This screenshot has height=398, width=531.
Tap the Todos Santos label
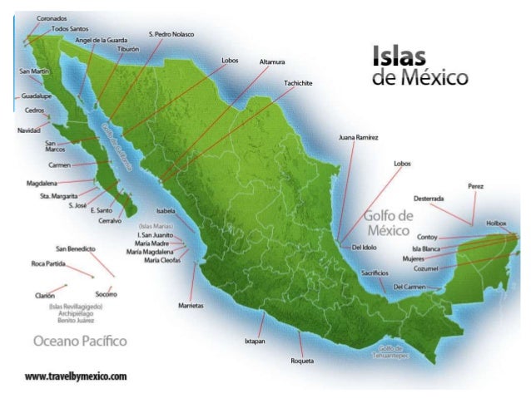pyautogui.click(x=70, y=28)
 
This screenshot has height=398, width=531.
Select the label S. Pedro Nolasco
pyautogui.click(x=171, y=34)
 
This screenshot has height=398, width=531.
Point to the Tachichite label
pyautogui.click(x=298, y=83)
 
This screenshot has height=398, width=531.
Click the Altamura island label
pyautogui.click(x=273, y=61)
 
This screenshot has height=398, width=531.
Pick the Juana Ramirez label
pyautogui.click(x=359, y=136)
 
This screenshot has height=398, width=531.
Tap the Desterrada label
pyautogui.click(x=429, y=199)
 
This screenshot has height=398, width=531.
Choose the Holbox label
pyautogui.click(x=496, y=223)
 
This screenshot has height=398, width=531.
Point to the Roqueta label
pyautogui.click(x=302, y=360)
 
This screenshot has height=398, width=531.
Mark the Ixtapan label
pyautogui.click(x=255, y=341)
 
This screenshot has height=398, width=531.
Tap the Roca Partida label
pyautogui.click(x=48, y=263)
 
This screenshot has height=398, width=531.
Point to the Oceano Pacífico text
pyautogui.click(x=80, y=341)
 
